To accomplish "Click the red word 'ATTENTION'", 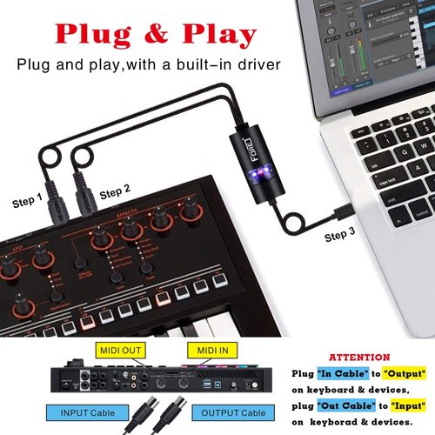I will (360, 357).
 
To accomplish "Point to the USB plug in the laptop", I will (341, 211).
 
